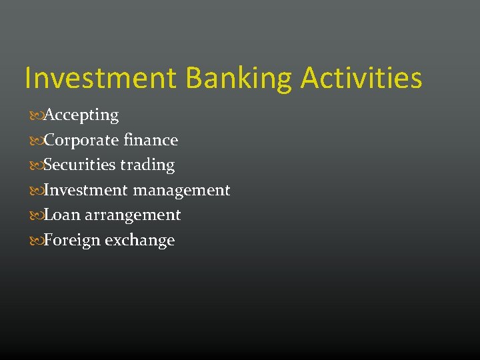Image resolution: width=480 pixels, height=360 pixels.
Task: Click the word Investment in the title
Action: point(101,78)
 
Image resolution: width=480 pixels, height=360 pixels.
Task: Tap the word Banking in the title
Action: point(238,78)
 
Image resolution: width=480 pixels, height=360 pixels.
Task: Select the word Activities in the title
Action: point(361,78)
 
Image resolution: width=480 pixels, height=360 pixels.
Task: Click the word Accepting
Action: point(81,115)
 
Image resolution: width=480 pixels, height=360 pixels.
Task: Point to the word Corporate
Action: point(83,141)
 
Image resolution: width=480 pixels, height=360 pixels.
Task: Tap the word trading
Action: point(147,165)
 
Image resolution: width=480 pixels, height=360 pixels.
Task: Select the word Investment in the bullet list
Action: point(86,190)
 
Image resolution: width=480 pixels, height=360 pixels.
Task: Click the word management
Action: point(181,191)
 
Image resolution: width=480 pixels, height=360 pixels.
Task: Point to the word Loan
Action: point(62,215)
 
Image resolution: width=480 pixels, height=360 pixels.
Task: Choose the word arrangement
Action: point(133,215)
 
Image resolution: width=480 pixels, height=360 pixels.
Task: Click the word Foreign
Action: point(71,240)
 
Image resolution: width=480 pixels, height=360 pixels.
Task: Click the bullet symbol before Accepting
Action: point(36,116)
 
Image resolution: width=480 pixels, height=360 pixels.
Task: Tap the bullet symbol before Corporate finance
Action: point(36,141)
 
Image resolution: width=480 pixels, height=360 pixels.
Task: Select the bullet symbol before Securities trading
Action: point(36,165)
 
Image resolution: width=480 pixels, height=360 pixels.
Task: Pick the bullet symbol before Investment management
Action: point(36,191)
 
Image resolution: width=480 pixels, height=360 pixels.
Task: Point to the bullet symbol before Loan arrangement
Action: point(36,215)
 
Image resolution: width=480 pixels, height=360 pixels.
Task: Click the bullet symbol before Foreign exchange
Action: point(36,241)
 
